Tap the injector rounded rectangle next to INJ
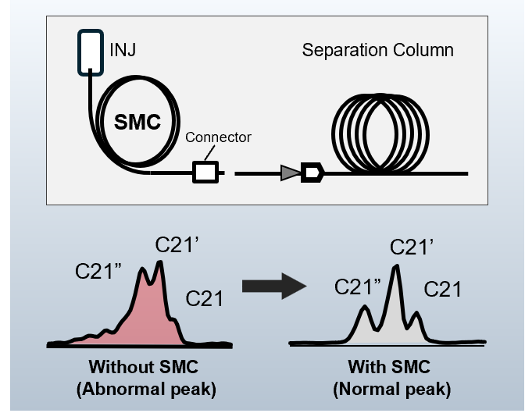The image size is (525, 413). coord(91,52)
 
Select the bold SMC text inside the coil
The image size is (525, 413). coord(136,123)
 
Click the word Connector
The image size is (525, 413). coord(218,137)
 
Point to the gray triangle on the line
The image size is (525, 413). coord(291,173)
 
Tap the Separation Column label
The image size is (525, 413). coord(377,52)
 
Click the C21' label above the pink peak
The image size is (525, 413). coord(178,245)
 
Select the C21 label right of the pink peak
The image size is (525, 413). coord(204,297)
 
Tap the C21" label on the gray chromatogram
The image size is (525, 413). coord(357,287)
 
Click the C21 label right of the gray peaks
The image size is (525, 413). coord(443,290)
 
